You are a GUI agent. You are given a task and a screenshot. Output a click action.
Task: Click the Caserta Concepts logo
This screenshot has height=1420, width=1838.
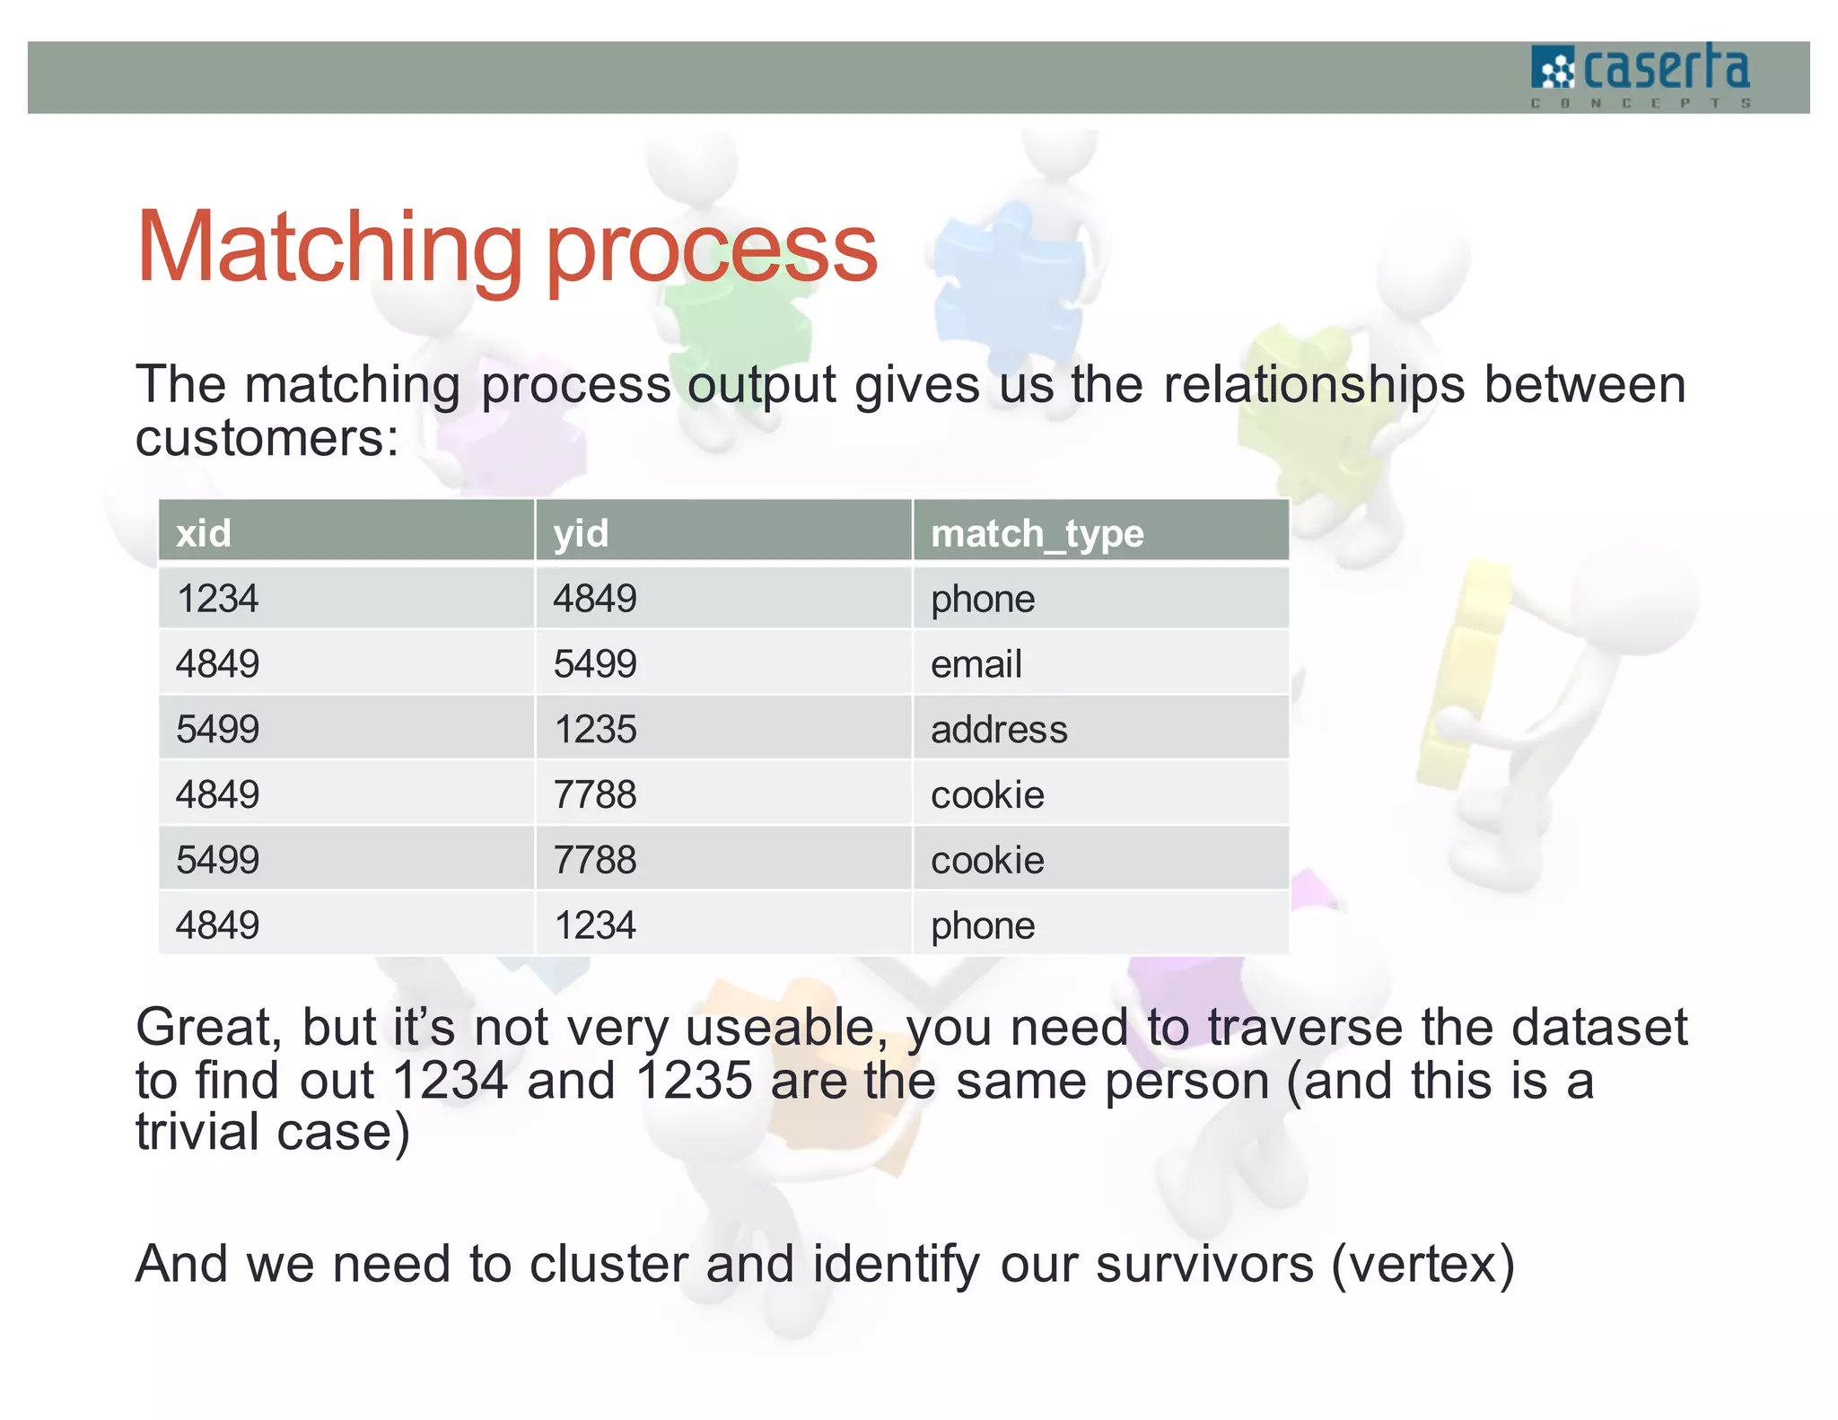tap(1641, 76)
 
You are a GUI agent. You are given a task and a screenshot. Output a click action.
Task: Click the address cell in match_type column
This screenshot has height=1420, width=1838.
tap(999, 729)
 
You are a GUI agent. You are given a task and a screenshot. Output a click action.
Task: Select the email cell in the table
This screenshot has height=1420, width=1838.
tap(976, 664)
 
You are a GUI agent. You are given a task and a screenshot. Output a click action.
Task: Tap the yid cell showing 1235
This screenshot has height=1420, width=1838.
tap(595, 729)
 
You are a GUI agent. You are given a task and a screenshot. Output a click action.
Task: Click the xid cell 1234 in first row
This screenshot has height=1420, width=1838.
tap(217, 599)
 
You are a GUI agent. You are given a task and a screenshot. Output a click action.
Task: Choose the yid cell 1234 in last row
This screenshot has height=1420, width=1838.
tap(595, 925)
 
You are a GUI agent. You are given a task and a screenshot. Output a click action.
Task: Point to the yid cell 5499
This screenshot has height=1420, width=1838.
tap(595, 664)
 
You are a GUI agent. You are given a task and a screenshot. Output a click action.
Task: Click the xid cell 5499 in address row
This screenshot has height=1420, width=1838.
tap(217, 729)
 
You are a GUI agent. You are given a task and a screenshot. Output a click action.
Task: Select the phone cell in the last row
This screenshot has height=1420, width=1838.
tap(983, 925)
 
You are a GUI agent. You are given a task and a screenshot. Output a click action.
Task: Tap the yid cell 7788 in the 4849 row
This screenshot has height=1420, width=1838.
tap(595, 794)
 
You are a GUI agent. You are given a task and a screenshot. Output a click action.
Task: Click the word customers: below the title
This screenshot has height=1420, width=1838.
tap(267, 439)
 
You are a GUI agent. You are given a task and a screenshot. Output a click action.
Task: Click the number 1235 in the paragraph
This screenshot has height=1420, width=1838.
tap(694, 1080)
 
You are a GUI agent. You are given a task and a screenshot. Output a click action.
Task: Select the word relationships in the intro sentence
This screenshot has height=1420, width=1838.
tap(1314, 385)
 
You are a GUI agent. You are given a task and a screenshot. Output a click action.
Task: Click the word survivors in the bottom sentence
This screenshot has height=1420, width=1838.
tap(1204, 1264)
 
